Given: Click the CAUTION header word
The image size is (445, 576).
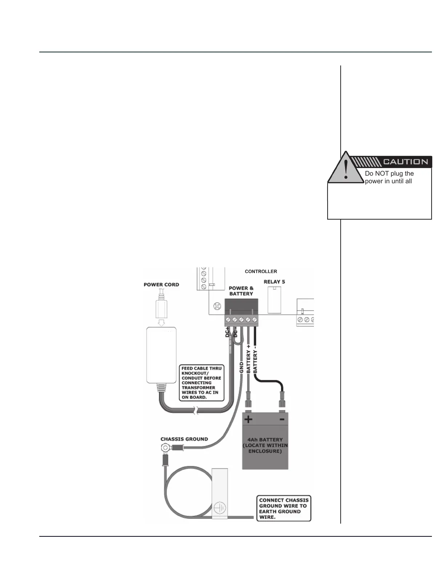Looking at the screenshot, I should [x=405, y=162].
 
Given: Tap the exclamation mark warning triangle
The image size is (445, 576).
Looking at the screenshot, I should [x=346, y=169].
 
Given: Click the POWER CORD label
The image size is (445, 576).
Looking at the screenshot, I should [x=161, y=285].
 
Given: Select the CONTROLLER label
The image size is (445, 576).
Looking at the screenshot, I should [x=261, y=272].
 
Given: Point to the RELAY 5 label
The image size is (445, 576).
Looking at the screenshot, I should [x=274, y=282].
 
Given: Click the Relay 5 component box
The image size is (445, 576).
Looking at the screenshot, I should [x=274, y=300].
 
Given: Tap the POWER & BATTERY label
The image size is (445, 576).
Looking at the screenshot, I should [x=241, y=291].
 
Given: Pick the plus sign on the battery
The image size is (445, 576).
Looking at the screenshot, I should [x=248, y=419].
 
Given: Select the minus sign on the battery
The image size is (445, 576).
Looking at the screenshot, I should [x=282, y=419].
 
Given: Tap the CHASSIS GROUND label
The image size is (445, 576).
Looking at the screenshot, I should [x=184, y=439].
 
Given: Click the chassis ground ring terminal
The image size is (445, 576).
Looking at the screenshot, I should [x=165, y=448].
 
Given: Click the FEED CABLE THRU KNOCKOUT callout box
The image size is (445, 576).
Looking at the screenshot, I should [x=202, y=383].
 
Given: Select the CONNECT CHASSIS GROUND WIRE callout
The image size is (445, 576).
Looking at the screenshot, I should [x=284, y=508].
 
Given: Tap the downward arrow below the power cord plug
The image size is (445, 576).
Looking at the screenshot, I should [x=161, y=323].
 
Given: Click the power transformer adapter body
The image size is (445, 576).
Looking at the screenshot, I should [x=161, y=355].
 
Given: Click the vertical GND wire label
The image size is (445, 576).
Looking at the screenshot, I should [x=241, y=367].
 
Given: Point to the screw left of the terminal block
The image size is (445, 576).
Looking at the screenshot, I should [x=217, y=306].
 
